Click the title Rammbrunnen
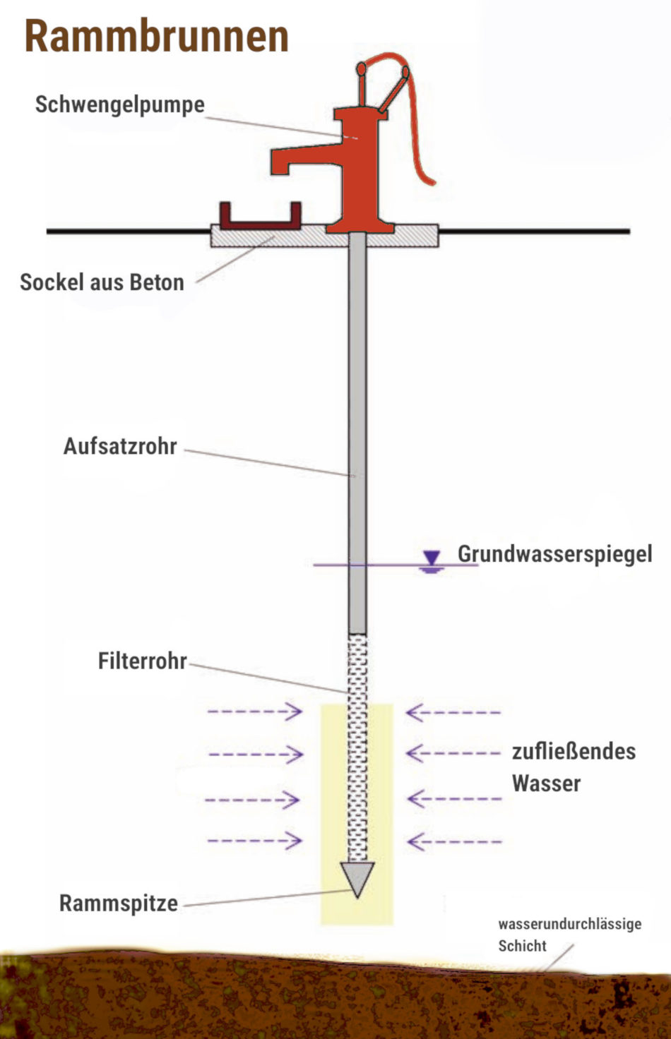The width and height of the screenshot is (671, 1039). [x=156, y=37]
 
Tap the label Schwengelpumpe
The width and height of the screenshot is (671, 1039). [x=120, y=104]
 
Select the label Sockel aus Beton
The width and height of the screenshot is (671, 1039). [x=102, y=282]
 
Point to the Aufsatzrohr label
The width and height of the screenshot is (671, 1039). [x=120, y=447]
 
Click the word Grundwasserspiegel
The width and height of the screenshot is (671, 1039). [x=554, y=554]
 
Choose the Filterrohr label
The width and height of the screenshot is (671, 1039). [x=142, y=661]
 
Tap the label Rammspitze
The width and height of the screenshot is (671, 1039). [x=118, y=903]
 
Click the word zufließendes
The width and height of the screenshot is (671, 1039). [x=574, y=751]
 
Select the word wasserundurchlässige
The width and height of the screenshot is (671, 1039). [x=569, y=923]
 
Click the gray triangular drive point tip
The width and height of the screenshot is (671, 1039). [x=357, y=877]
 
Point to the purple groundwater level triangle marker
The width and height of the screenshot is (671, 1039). [x=432, y=558]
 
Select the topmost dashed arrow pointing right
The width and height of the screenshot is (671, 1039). [x=254, y=711]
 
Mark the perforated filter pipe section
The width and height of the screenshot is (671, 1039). [x=358, y=748]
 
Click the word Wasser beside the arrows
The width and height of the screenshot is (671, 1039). [x=546, y=783]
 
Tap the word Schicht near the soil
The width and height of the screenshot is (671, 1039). [x=522, y=946]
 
